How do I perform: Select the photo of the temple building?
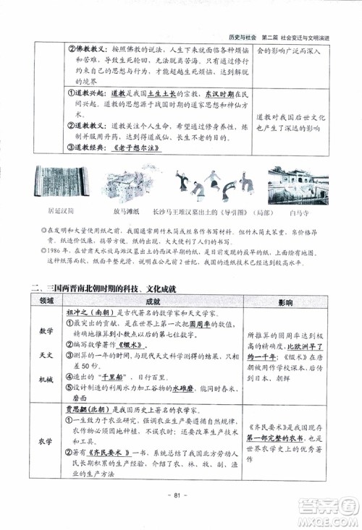pyautogui.click(x=297, y=184)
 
